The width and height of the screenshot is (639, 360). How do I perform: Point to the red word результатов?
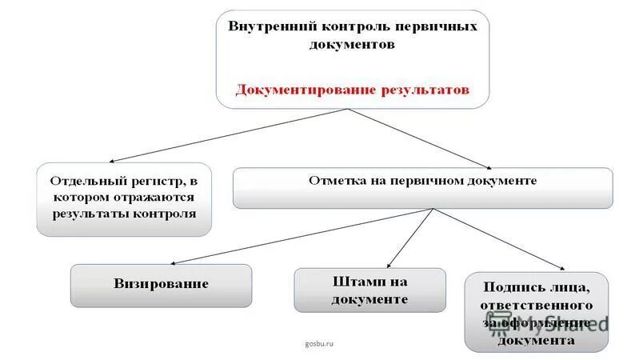coord(423,90)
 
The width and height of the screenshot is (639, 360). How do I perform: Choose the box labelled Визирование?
coord(161,285)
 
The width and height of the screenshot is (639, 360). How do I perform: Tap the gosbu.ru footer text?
coord(318,343)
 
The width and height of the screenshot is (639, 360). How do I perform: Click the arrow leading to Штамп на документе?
coord(409,238)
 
